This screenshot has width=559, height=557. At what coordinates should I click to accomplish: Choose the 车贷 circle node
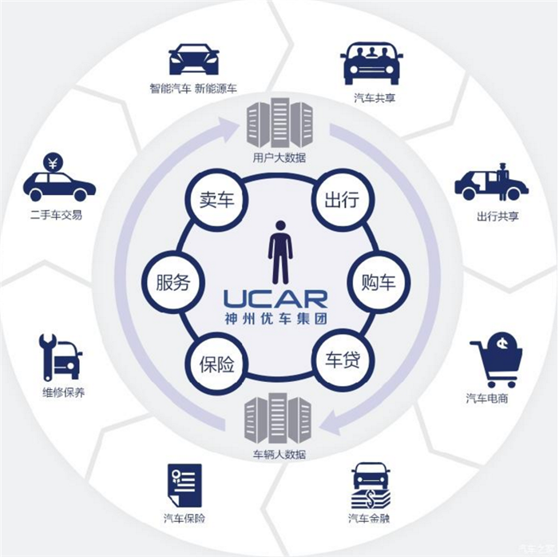tap(339, 360)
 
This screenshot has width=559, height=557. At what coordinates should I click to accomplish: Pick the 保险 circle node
tap(216, 364)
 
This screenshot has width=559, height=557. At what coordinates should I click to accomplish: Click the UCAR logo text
tap(276, 300)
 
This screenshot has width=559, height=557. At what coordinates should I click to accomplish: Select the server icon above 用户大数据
tap(279, 124)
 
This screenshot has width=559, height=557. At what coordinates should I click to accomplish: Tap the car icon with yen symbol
tap(58, 179)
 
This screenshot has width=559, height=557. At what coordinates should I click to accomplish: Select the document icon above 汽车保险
tap(184, 485)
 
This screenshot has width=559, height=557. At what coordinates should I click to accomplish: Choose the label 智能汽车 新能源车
tap(192, 88)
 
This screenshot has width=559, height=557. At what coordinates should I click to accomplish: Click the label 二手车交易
tap(56, 215)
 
